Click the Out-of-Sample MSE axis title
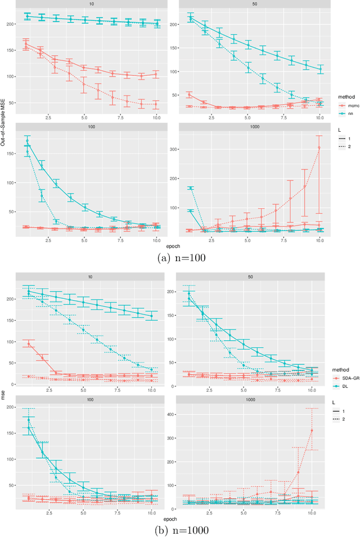pos(3,117)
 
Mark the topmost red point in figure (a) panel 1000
pos(319,147)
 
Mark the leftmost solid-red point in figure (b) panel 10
pos(29,343)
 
